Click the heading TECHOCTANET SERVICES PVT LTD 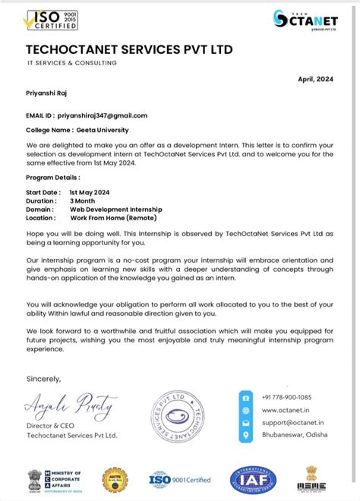[129, 50]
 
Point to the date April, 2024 [315, 78]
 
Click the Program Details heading [53, 177]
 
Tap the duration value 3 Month [84, 200]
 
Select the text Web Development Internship [115, 209]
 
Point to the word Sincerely [43, 378]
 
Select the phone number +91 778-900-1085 [287, 397]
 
